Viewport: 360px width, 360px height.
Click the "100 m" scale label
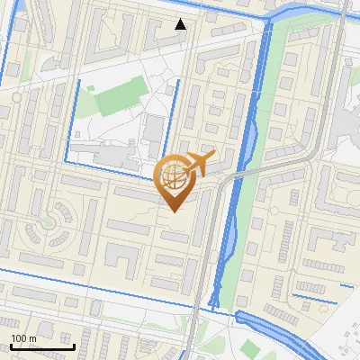(23, 338)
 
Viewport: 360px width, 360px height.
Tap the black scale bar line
(41, 346)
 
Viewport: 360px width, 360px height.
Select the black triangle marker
(181, 24)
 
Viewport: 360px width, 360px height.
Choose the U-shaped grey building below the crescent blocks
(122, 256)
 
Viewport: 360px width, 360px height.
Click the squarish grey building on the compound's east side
(154, 131)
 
